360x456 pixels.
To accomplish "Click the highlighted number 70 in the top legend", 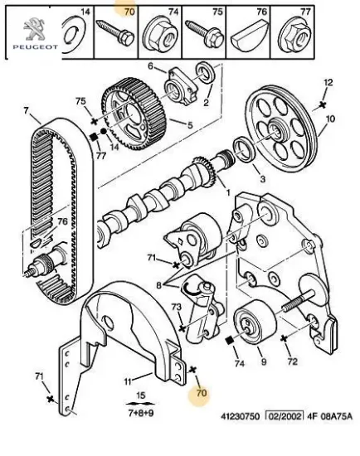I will coord(128,12).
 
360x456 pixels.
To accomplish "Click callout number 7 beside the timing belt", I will coord(26,110).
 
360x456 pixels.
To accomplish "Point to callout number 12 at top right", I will coord(328,82).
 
